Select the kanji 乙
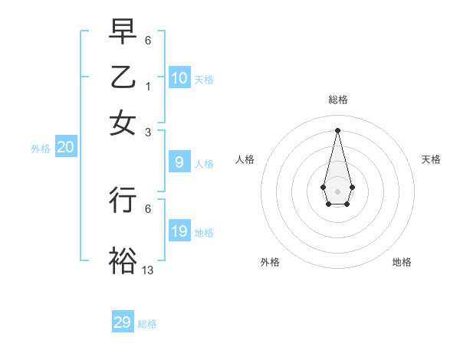[123, 77]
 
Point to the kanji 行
[123, 200]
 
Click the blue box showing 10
[179, 78]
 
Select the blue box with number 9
[179, 162]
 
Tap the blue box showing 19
[179, 231]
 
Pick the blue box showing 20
[65, 148]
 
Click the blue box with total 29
[123, 322]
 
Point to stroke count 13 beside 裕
[148, 270]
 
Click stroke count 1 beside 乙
[148, 86]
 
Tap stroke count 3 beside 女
[148, 132]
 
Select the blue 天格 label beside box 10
[204, 80]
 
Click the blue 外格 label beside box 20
[41, 149]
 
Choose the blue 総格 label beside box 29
[147, 324]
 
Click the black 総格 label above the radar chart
[338, 100]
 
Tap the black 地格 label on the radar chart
[402, 262]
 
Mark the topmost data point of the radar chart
[338, 129]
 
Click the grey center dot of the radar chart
[338, 191]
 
